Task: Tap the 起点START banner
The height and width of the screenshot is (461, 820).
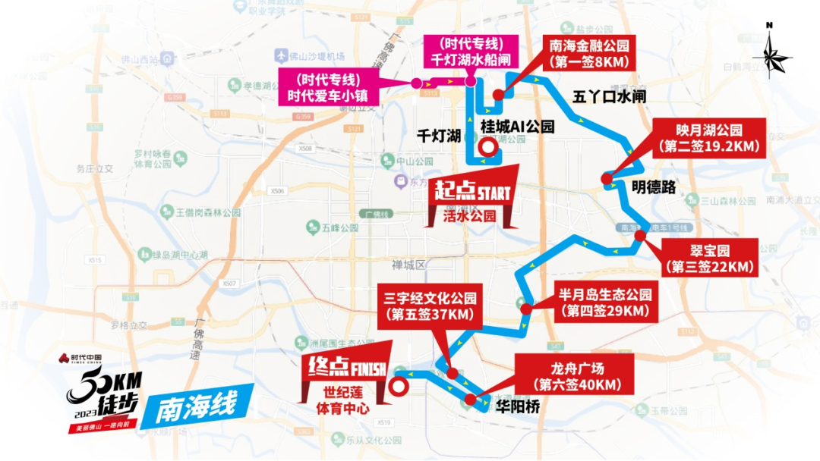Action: click(471, 190)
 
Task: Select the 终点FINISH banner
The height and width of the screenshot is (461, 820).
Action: click(345, 368)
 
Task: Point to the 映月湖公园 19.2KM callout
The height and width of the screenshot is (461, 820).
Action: click(709, 137)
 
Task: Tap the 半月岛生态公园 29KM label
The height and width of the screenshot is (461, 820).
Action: click(605, 303)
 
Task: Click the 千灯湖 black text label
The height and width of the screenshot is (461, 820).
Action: click(440, 136)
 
